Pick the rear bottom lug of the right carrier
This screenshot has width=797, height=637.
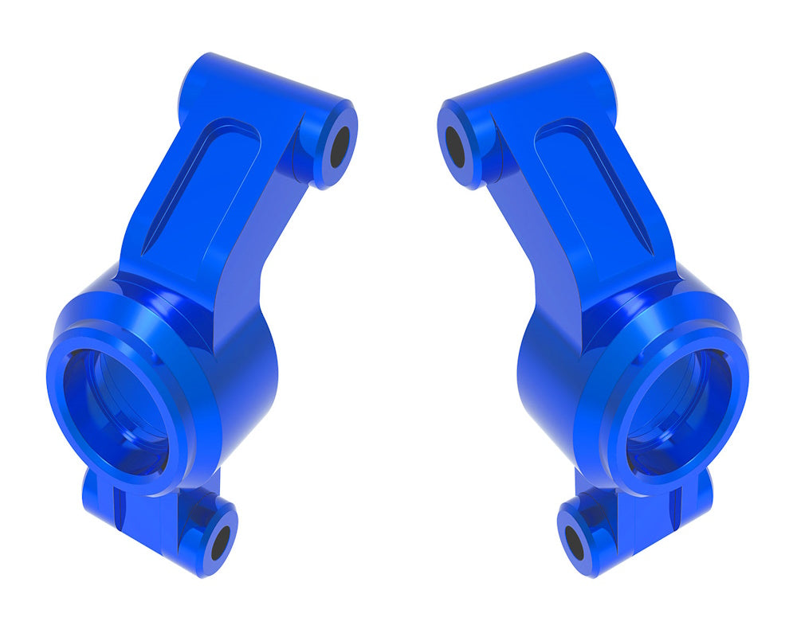697,494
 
